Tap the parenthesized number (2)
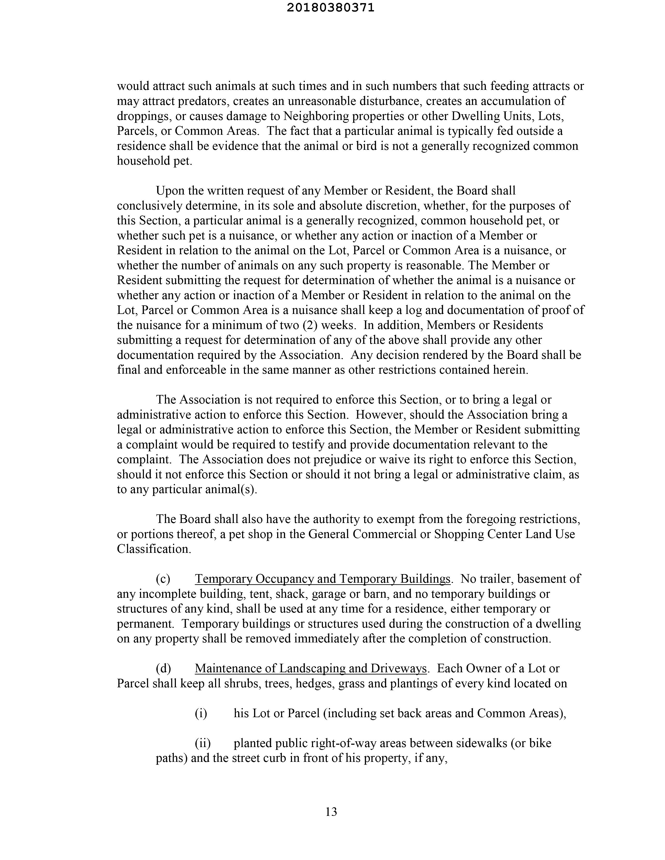309,325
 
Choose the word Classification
154,549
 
